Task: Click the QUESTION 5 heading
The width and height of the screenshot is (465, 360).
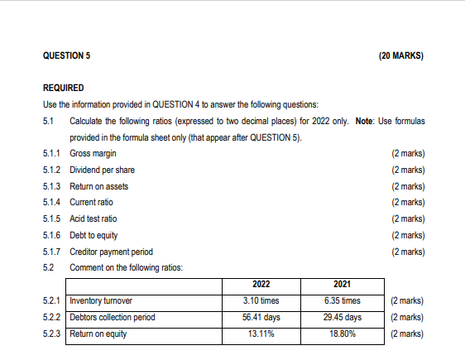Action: tap(66, 55)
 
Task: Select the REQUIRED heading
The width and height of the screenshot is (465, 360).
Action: tap(63, 88)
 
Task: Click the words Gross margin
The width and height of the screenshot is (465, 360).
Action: tap(93, 153)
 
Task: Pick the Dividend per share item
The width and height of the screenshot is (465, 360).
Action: tap(102, 170)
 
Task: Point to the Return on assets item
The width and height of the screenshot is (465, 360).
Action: tap(99, 186)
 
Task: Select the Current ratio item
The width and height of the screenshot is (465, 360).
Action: tap(91, 202)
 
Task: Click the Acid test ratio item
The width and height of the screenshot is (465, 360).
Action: tap(93, 218)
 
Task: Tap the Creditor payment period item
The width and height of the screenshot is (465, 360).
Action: tap(111, 252)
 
